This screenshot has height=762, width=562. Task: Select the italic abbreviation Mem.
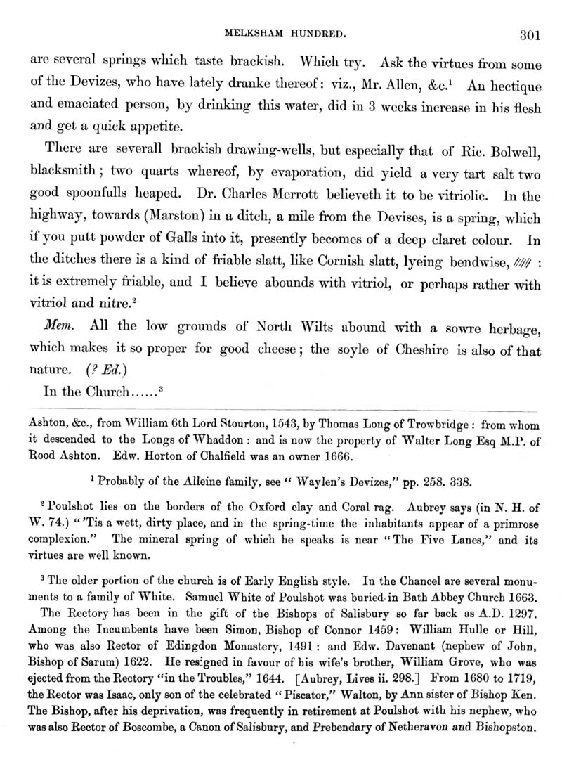[58, 327]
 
